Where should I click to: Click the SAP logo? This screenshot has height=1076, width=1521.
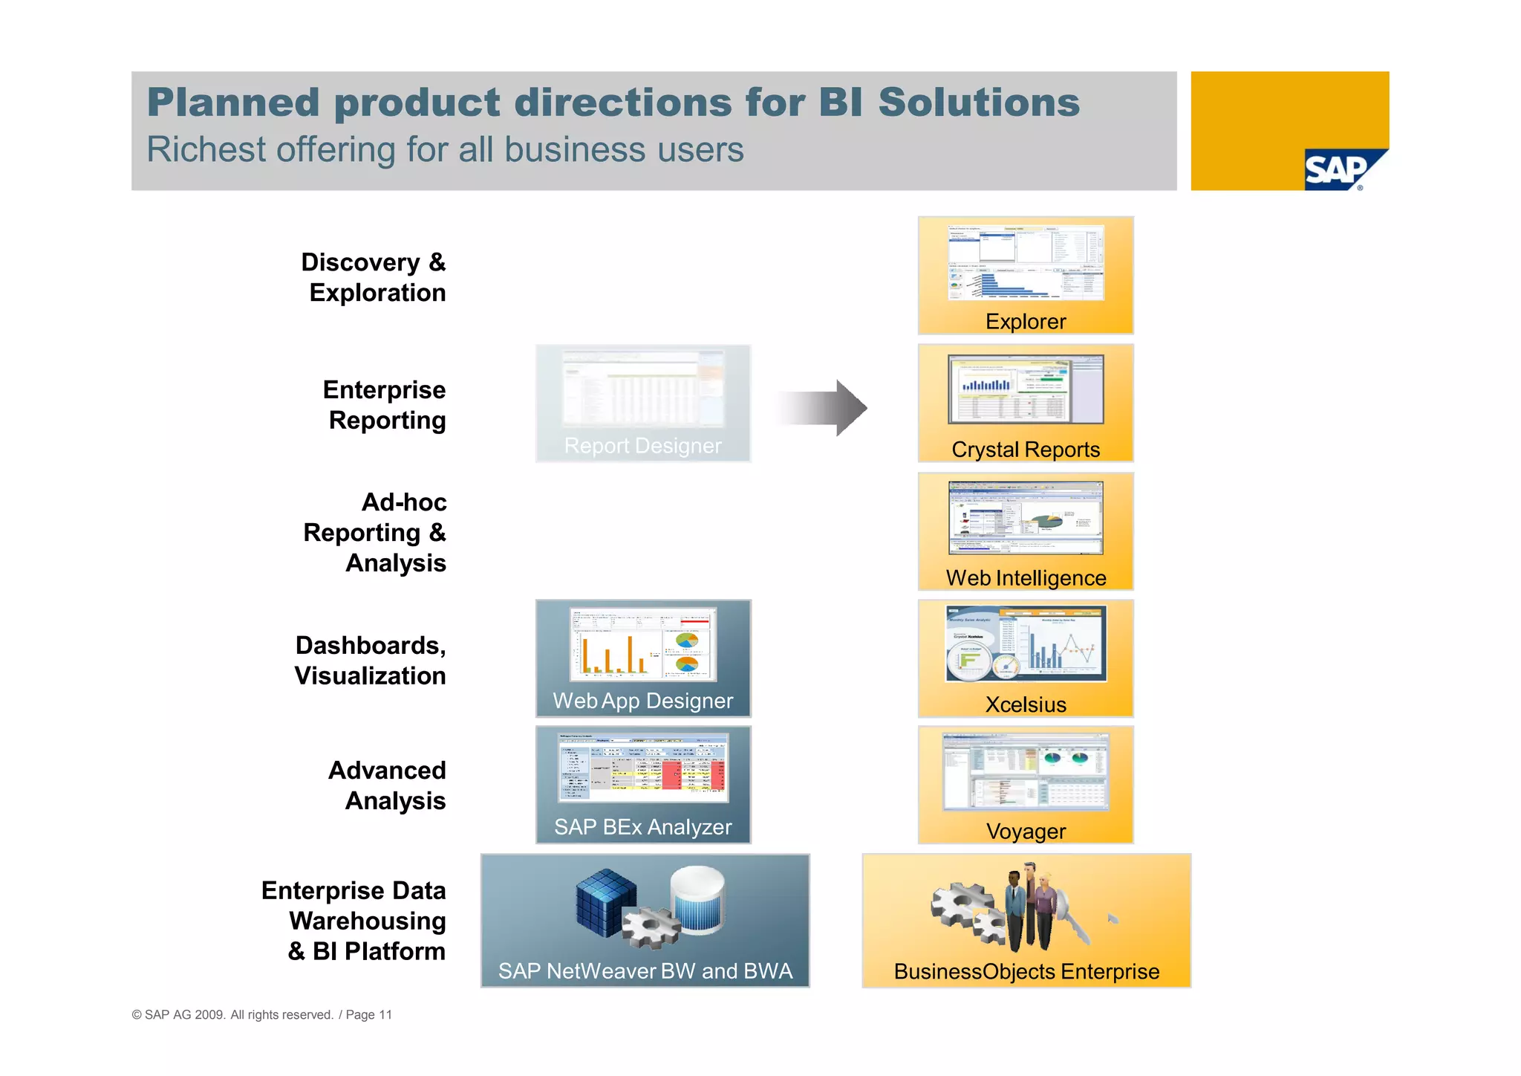click(x=1338, y=170)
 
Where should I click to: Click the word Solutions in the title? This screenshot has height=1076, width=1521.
click(x=978, y=103)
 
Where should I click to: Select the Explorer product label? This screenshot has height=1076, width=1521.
click(x=1025, y=321)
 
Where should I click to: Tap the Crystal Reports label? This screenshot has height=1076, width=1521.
click(x=1025, y=450)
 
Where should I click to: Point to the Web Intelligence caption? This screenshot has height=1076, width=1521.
click(x=1025, y=578)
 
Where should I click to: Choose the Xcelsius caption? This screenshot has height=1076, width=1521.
click(x=1025, y=704)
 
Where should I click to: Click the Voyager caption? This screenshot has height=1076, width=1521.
click(x=1025, y=832)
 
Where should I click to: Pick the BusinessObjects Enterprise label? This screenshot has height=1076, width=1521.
click(x=1026, y=971)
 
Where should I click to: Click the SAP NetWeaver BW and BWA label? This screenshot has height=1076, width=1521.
click(x=645, y=971)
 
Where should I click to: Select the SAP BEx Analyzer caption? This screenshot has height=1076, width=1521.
click(x=642, y=827)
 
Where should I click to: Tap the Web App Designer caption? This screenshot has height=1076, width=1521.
click(x=642, y=701)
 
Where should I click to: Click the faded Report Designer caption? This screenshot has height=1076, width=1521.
click(x=642, y=446)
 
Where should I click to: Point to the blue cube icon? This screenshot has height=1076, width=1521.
click(x=605, y=901)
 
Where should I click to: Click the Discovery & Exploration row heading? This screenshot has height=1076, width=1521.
click(x=374, y=277)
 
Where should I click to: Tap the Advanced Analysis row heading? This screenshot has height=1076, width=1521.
click(x=388, y=785)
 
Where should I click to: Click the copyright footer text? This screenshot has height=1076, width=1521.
click(x=261, y=1014)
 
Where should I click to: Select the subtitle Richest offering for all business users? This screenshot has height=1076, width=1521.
click(x=445, y=149)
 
